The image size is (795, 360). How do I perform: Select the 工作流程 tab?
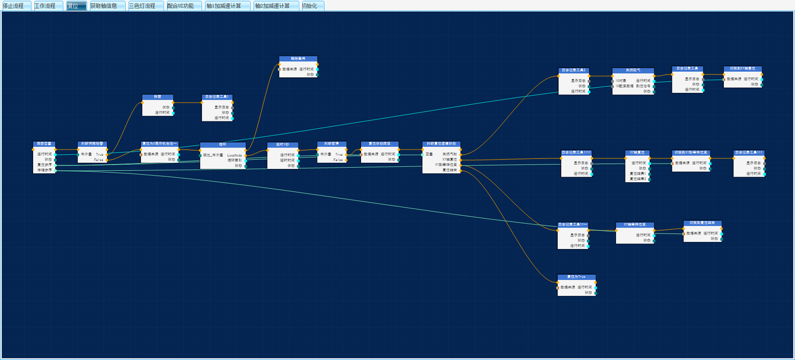pos(45,6)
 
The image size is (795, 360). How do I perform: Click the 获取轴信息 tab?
pos(104,6)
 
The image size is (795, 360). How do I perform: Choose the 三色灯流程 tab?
pos(142,6)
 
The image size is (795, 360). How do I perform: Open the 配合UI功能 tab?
pos(181,6)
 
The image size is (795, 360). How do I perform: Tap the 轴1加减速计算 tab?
pos(224,6)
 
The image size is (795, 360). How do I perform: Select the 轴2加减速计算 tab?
pos(272,6)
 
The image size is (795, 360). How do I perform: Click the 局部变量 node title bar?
pos(44,144)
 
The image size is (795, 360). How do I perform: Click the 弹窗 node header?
pos(157,97)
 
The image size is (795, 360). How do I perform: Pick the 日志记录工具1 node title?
pos(217,97)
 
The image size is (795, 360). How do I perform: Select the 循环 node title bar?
pos(222,144)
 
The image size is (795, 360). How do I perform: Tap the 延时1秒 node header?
pos(283,145)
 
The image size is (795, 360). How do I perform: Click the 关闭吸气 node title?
pos(633,70)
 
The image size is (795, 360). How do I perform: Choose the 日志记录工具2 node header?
pos(574,70)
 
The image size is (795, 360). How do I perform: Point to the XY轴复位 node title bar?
pos(638,152)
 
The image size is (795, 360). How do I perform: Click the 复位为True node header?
pos(576,277)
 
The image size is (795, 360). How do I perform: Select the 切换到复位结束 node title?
pos(702,223)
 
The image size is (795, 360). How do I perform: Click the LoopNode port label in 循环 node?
pos(235,155)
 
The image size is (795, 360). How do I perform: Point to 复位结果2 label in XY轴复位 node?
pos(638,178)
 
